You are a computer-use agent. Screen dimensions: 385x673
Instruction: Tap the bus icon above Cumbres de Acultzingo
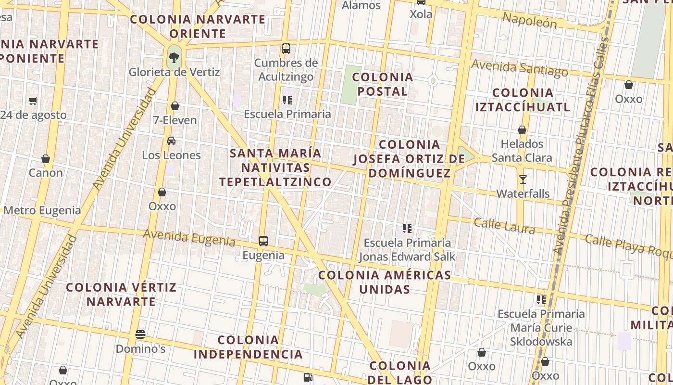pos(286,48)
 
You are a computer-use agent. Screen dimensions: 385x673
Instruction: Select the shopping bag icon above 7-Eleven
pos(175,106)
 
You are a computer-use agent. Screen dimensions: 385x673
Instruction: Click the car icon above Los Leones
pos(171,141)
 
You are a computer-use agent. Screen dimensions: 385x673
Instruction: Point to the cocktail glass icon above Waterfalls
pos(523,180)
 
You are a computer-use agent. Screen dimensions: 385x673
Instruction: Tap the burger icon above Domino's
pos(140,334)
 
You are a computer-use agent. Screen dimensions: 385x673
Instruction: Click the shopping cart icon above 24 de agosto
pos(33,101)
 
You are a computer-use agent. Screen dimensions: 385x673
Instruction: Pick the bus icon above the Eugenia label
pos(263,241)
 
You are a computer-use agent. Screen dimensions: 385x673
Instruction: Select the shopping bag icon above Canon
pos(46,159)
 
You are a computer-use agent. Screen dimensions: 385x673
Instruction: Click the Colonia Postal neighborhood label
pos(383,84)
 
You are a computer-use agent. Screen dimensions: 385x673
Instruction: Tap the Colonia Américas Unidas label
pos(385,282)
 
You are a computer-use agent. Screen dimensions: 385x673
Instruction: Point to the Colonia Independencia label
pos(248,347)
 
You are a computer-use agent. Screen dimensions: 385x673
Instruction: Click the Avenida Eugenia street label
pos(189,237)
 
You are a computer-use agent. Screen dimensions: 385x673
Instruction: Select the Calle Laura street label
pos(504,225)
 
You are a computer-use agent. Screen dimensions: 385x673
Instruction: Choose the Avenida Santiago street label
pos(520,68)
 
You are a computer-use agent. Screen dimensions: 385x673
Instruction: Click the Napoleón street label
pos(530,20)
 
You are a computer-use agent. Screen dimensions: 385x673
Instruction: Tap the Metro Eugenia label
pos(42,210)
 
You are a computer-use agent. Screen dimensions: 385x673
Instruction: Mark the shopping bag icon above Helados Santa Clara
pos(522,130)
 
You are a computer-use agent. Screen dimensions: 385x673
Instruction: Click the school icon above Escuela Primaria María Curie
pos(541,300)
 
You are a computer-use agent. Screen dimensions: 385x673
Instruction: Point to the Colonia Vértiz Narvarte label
pos(121,295)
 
